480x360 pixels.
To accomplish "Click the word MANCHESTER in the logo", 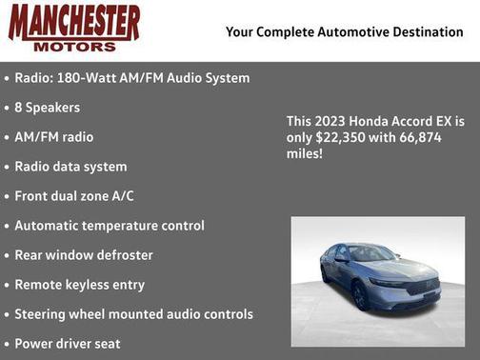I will [x=73, y=22].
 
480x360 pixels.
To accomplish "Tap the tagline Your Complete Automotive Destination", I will [x=344, y=32].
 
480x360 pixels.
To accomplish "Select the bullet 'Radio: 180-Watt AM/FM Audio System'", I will [x=131, y=78].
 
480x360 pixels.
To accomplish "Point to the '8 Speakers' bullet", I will [x=47, y=108].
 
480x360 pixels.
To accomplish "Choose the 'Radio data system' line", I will [x=70, y=167].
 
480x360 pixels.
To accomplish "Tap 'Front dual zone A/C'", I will [x=74, y=196].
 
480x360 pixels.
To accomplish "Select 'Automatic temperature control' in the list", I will [x=110, y=226].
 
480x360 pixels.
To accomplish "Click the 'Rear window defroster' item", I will [x=84, y=255].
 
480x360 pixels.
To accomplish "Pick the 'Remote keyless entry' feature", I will [x=80, y=285].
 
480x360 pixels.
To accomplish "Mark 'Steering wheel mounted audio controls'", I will [x=133, y=314].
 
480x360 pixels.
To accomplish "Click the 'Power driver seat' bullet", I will [x=68, y=344].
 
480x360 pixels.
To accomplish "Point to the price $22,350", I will [x=352, y=138].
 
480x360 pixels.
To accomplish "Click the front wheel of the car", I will [x=361, y=296].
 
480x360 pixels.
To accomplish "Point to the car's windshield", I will [x=370, y=253].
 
